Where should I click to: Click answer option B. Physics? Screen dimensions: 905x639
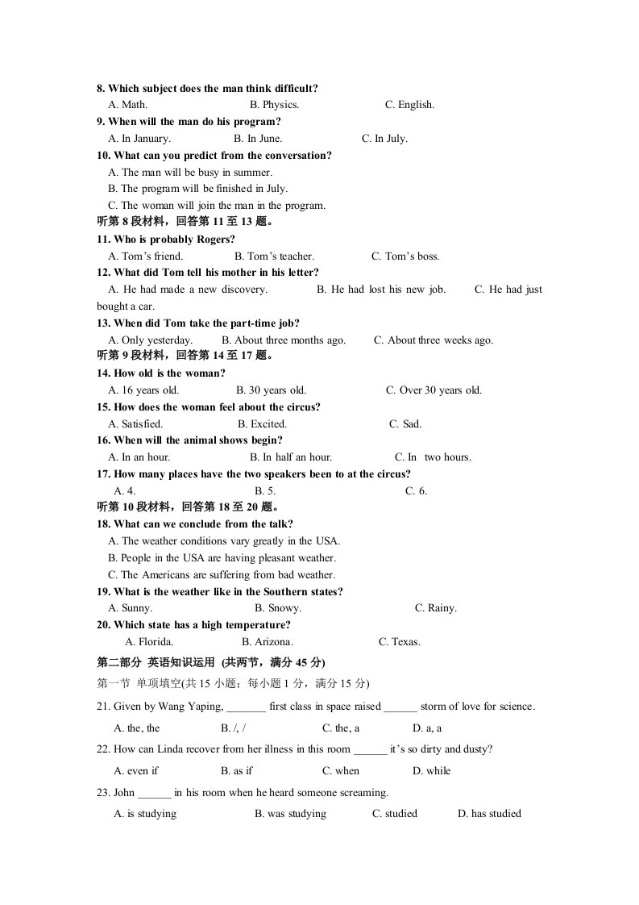pyautogui.click(x=274, y=105)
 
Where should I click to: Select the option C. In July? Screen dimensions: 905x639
pyautogui.click(x=384, y=139)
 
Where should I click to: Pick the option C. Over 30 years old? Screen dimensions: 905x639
pyautogui.click(x=434, y=390)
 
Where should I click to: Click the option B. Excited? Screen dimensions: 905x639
pyautogui.click(x=262, y=424)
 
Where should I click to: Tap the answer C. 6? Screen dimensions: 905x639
pyautogui.click(x=416, y=491)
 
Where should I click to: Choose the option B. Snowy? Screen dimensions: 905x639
pyautogui.click(x=277, y=609)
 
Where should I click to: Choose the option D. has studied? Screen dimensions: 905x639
pyautogui.click(x=489, y=814)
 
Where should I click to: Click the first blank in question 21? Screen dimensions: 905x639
pyautogui.click(x=246, y=707)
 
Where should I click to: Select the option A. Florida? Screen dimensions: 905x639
pyautogui.click(x=149, y=643)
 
